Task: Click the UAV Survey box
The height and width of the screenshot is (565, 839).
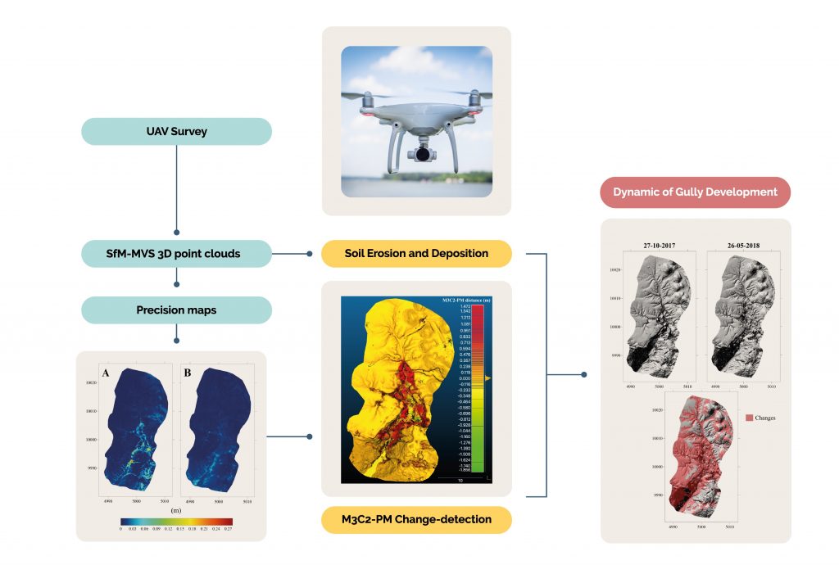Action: coord(177,131)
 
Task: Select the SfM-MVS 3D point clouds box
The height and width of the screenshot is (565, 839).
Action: coord(177,254)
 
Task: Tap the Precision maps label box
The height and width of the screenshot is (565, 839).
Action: coord(177,310)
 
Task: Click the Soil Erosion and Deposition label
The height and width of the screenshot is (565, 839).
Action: coord(416,254)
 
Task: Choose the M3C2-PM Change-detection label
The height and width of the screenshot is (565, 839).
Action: coord(416,519)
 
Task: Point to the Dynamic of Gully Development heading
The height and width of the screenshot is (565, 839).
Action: coord(696,192)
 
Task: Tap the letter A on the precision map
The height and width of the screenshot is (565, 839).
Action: coord(106,374)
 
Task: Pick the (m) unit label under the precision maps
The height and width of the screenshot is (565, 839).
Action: coord(175,509)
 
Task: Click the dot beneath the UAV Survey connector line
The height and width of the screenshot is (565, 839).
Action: coord(177,233)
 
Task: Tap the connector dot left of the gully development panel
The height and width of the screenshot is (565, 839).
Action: coord(584,375)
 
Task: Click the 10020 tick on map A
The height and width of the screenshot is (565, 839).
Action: coord(89,382)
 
